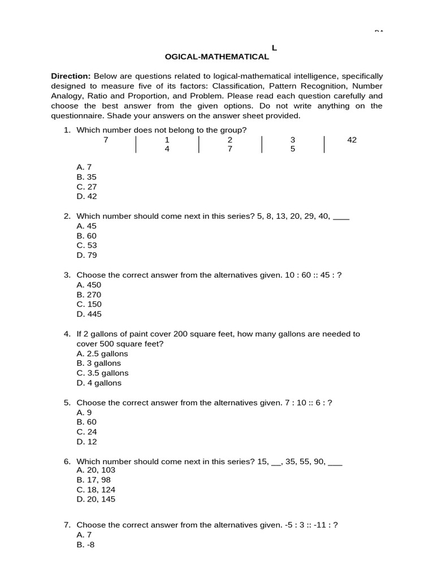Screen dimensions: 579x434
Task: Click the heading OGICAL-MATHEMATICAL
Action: pyautogui.click(x=216, y=57)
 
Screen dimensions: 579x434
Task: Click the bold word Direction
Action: pyautogui.click(x=70, y=76)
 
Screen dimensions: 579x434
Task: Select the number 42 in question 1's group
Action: pyautogui.click(x=352, y=140)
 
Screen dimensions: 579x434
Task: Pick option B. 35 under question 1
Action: pyautogui.click(x=86, y=177)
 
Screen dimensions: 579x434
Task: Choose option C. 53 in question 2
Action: pyautogui.click(x=86, y=245)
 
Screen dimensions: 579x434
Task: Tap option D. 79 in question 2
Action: pyautogui.click(x=86, y=255)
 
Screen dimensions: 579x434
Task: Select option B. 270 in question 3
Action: pyautogui.click(x=89, y=295)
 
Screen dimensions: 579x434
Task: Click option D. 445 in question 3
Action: pyautogui.click(x=89, y=314)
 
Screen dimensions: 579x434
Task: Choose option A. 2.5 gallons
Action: pyautogui.click(x=102, y=353)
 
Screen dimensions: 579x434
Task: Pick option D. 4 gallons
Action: pyautogui.click(x=99, y=383)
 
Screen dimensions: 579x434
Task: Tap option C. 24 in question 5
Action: pyautogui.click(x=86, y=432)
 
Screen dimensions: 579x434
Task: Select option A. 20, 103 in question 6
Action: pyautogui.click(x=96, y=470)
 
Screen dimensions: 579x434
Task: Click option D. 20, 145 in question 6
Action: pyautogui.click(x=96, y=499)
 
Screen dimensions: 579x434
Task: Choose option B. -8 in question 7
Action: pyautogui.click(x=84, y=545)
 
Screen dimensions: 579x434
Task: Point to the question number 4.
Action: pyautogui.click(x=67, y=334)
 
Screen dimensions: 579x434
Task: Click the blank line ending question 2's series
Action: pyautogui.click(x=341, y=216)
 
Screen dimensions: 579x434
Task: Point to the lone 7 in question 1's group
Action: pyautogui.click(x=106, y=140)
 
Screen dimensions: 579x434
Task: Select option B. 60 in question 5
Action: pyautogui.click(x=86, y=422)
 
